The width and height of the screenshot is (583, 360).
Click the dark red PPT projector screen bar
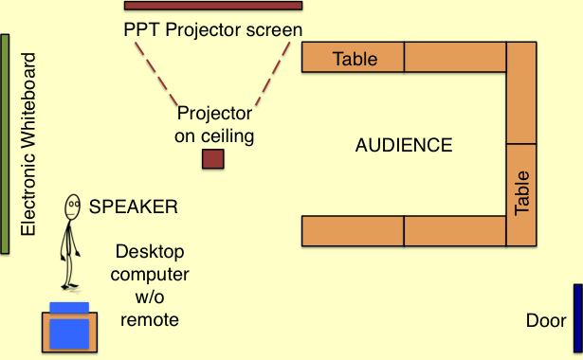[213, 6]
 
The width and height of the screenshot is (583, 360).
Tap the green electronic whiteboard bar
[5, 144]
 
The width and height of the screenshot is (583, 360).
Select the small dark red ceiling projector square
[213, 159]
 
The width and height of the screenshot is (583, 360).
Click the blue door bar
[578, 318]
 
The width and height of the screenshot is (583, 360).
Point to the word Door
[546, 320]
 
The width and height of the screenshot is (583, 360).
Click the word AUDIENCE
[404, 145]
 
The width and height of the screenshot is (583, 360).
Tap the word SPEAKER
[133, 207]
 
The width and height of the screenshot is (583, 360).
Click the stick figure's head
[72, 207]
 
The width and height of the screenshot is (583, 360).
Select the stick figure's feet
[70, 286]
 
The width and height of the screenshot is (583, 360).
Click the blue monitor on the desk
[69, 333]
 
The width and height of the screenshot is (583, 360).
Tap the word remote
[150, 320]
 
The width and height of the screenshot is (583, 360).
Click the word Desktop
[150, 252]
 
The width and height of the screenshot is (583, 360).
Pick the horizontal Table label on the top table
[355, 59]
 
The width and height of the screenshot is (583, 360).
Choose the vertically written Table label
[521, 193]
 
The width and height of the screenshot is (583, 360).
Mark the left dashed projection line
[156, 74]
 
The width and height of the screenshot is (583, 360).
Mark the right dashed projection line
[272, 74]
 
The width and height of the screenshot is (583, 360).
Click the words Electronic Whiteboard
[28, 144]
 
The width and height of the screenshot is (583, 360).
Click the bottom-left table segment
[353, 231]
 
